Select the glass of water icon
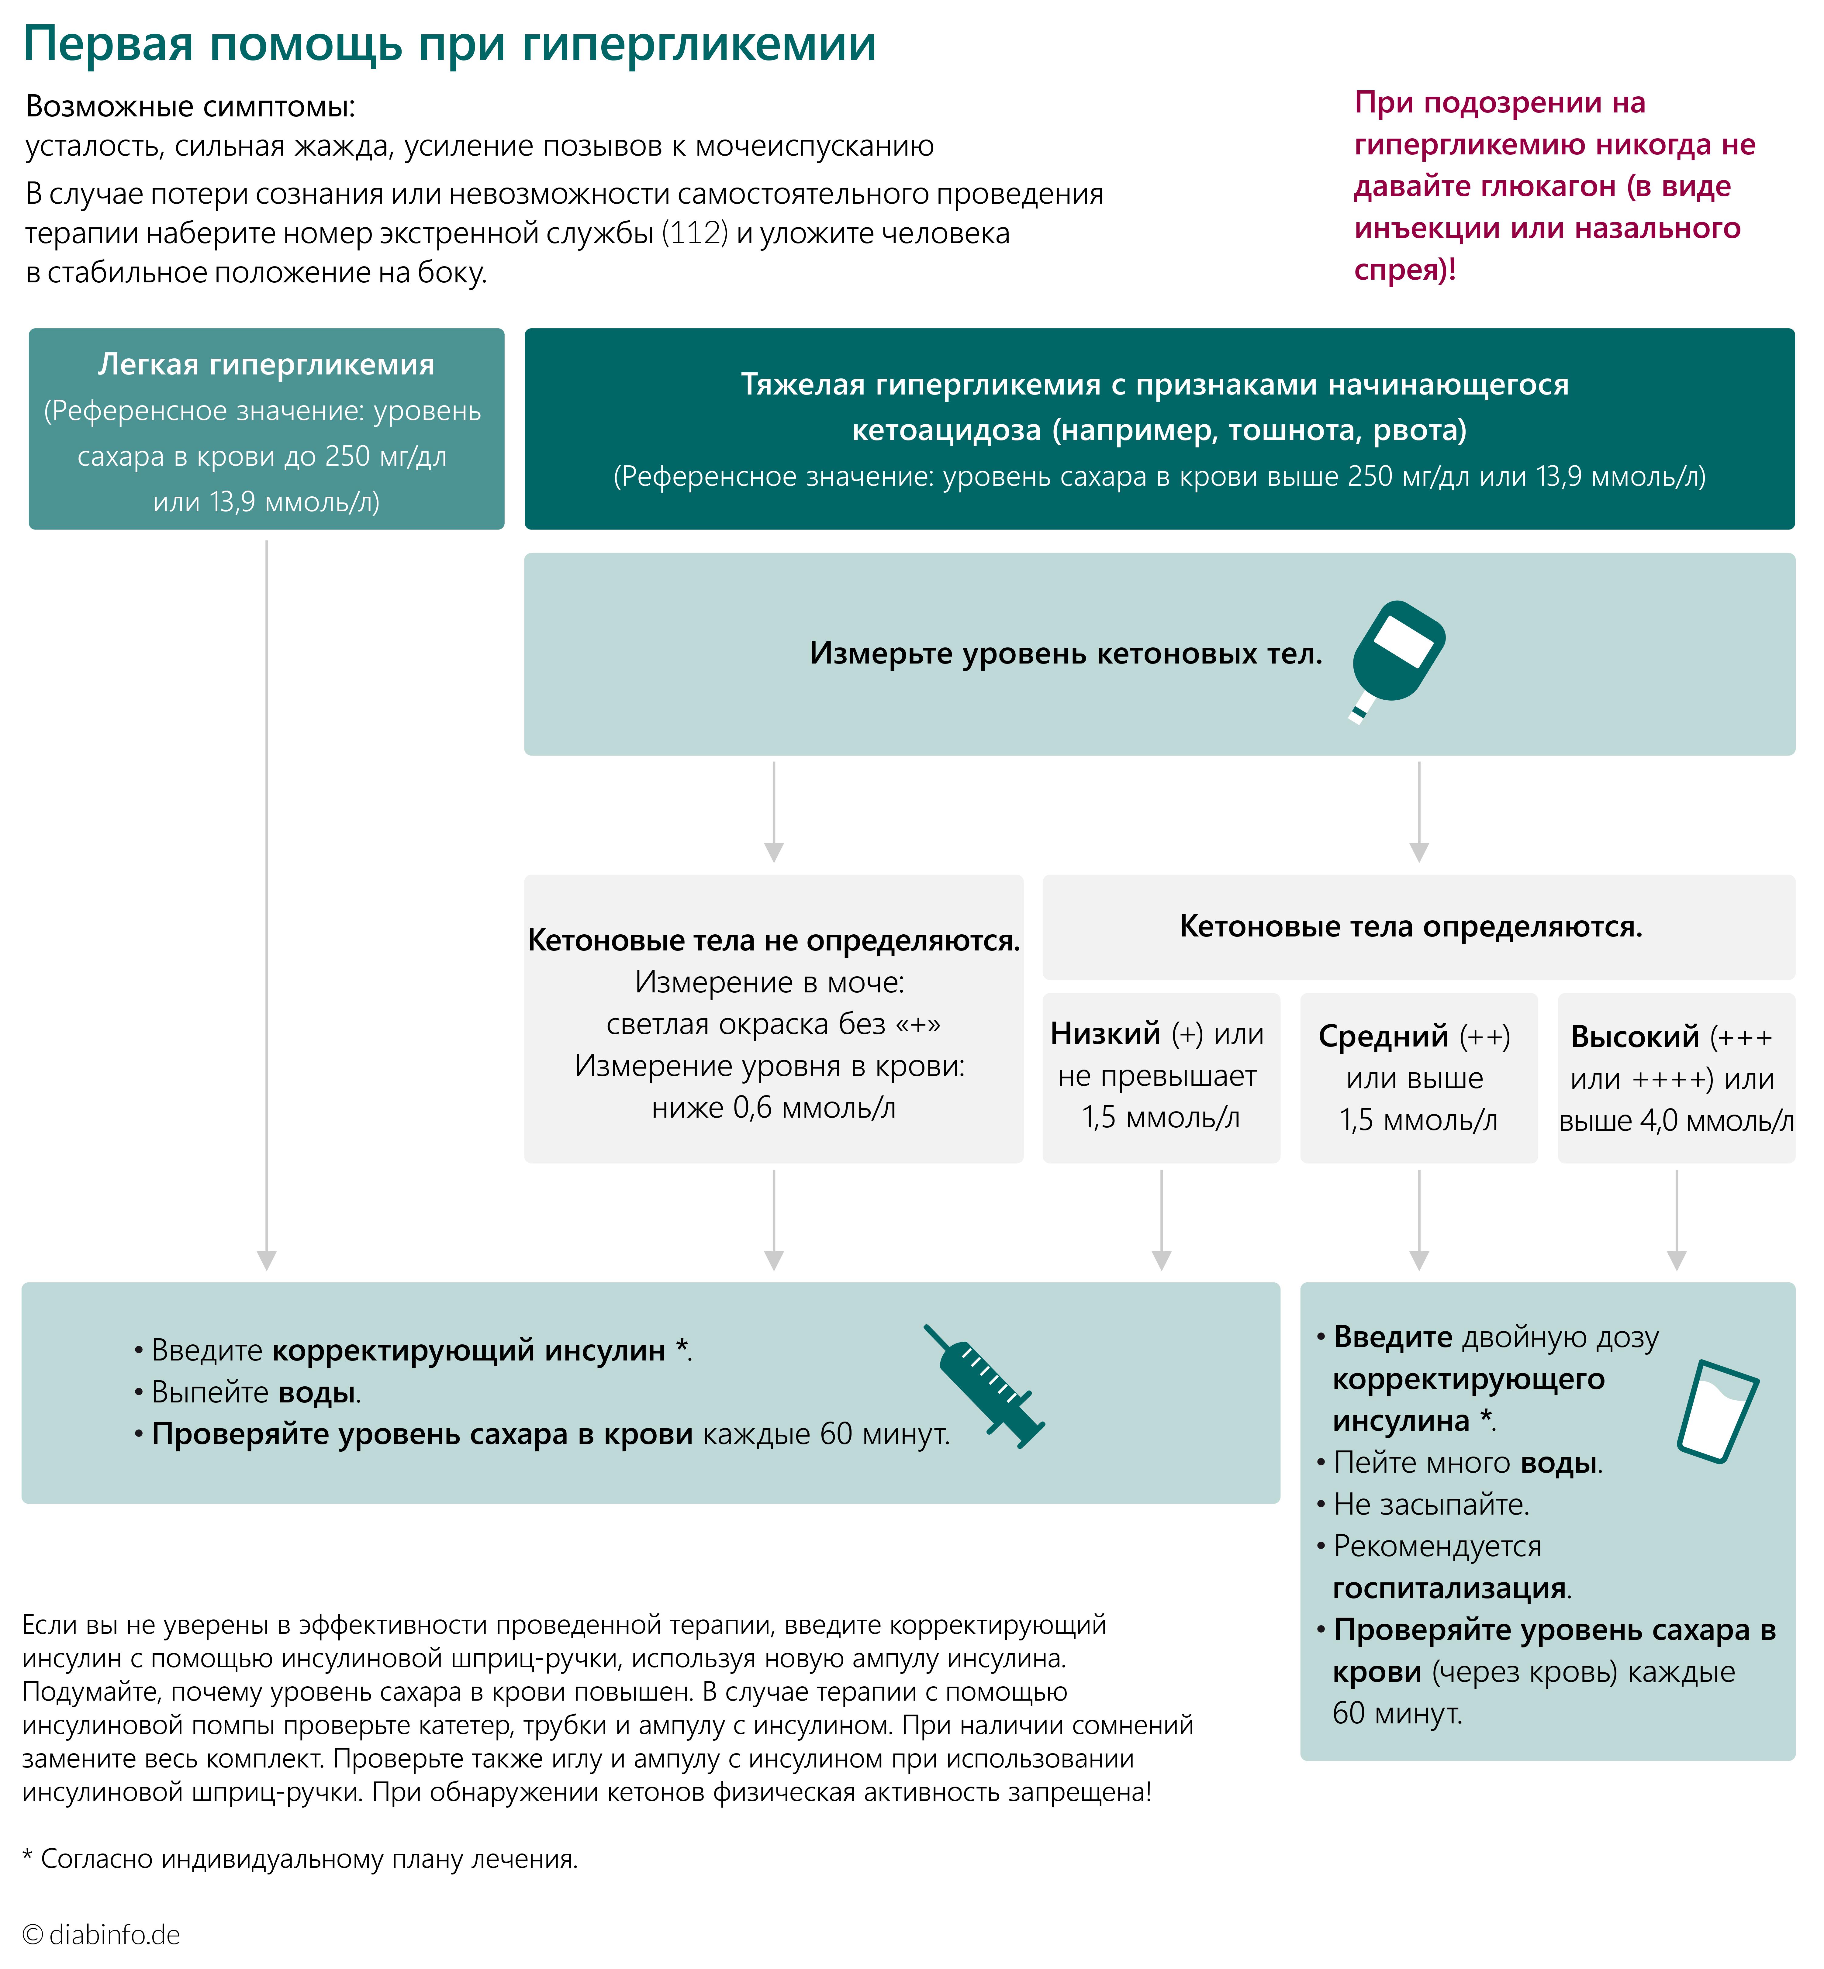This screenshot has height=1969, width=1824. click(1717, 1411)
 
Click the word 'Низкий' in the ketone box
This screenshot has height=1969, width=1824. click(1105, 1033)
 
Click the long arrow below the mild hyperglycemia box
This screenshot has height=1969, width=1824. click(267, 903)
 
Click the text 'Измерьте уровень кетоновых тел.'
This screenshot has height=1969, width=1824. click(1066, 653)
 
